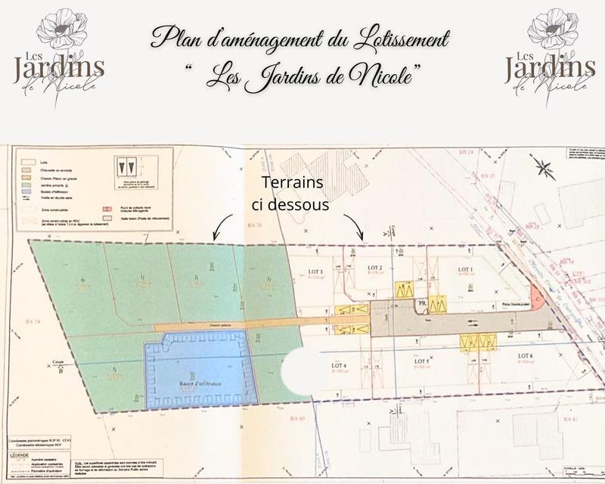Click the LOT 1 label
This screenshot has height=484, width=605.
coord(462,269)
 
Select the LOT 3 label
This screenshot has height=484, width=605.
coord(316,272)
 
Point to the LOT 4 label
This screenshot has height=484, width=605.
coord(339,366)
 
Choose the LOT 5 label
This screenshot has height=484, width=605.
coord(422,361)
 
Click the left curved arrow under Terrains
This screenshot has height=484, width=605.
coord(220,227)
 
